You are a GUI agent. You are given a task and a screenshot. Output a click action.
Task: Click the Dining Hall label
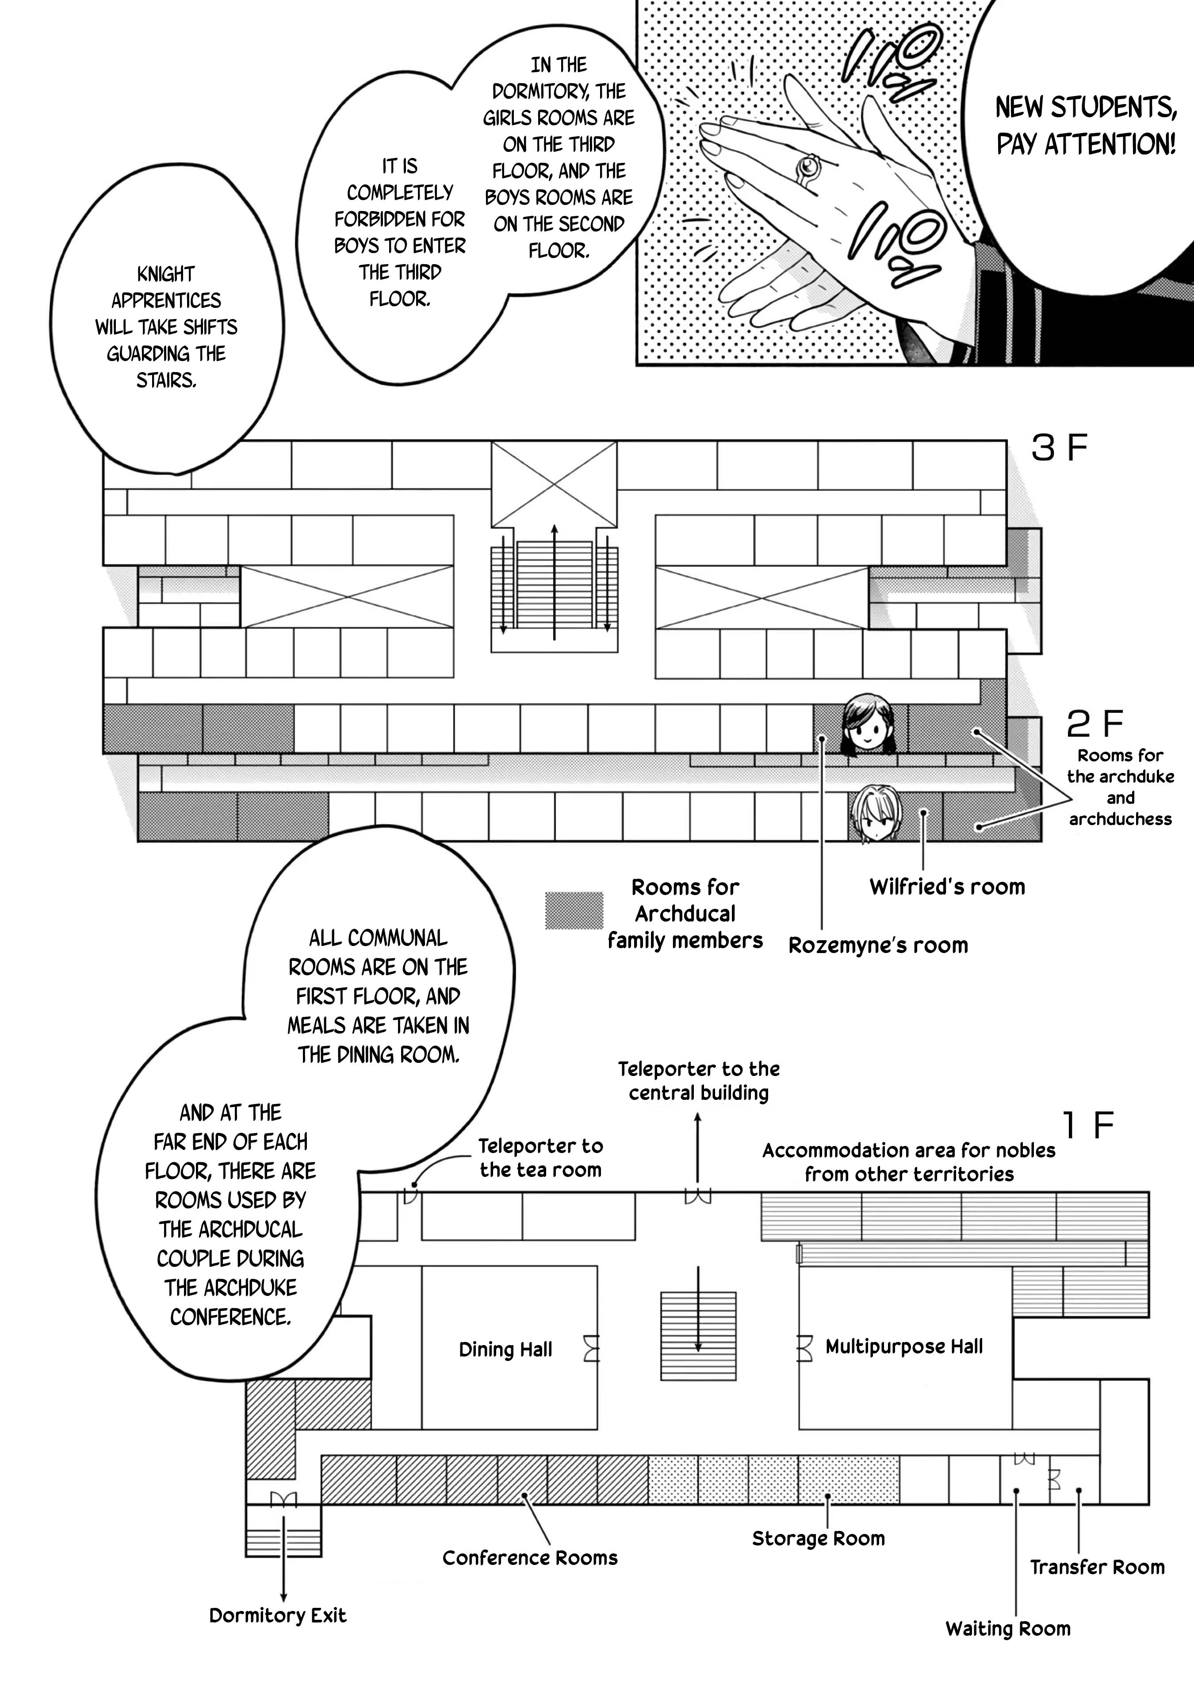pyautogui.click(x=505, y=1350)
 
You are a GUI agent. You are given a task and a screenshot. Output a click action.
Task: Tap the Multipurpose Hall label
pyautogui.click(x=904, y=1347)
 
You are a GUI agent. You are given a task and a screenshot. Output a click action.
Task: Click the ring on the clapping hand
pyautogui.click(x=808, y=168)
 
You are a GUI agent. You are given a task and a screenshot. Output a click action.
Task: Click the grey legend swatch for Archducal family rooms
pyautogui.click(x=574, y=910)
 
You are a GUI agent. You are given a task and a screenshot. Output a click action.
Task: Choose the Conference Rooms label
pyautogui.click(x=530, y=1558)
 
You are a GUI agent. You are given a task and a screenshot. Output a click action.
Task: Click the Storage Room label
pyautogui.click(x=818, y=1538)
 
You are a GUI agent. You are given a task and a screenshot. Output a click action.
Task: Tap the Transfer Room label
pyautogui.click(x=1097, y=1567)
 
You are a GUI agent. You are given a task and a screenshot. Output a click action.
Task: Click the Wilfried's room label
pyautogui.click(x=947, y=887)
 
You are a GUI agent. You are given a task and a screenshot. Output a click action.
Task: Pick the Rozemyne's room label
pyautogui.click(x=878, y=945)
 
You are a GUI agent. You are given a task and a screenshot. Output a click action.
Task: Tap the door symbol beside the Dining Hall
pyautogui.click(x=591, y=1348)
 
